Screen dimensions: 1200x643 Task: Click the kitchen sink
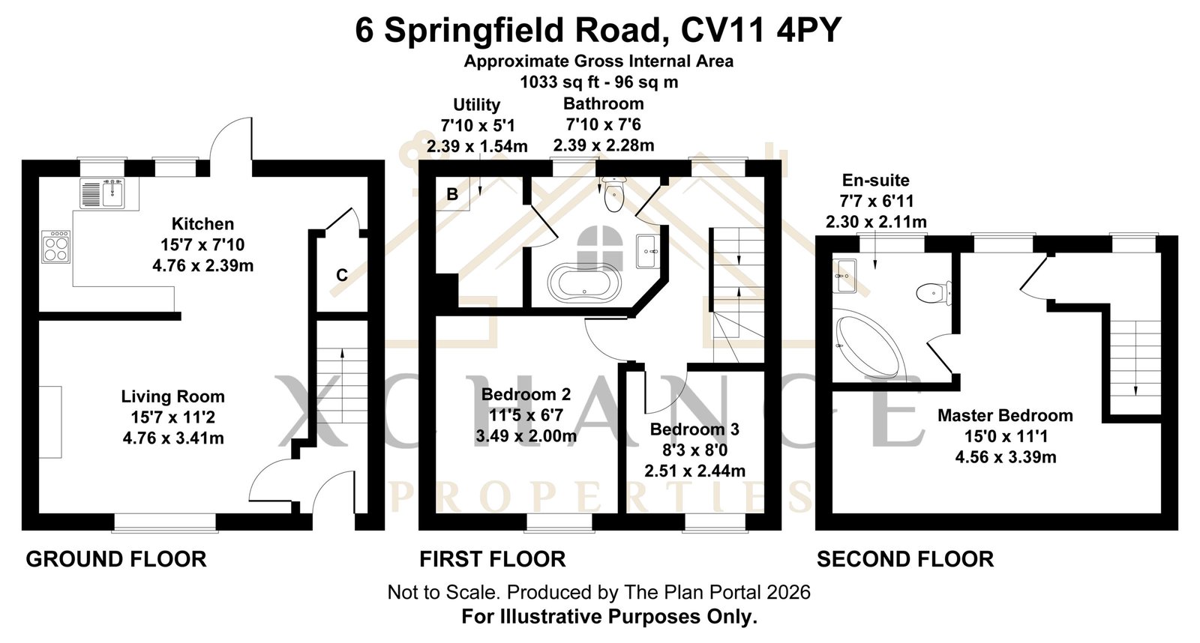102,193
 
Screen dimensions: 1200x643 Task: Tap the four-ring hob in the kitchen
55,247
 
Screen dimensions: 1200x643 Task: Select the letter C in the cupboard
342,275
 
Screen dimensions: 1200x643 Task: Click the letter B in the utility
452,194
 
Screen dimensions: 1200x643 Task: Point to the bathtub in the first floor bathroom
583,282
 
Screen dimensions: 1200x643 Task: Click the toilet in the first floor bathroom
613,194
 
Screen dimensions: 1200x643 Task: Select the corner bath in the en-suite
867,345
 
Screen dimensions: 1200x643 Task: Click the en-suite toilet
933,293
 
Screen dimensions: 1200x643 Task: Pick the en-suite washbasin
844,277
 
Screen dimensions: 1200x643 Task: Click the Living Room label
173,396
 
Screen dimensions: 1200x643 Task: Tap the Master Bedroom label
1006,415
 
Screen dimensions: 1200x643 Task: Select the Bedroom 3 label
694,429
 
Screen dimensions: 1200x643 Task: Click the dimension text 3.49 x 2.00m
526,436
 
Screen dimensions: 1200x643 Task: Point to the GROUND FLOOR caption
116,560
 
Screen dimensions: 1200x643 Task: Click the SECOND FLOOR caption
905,560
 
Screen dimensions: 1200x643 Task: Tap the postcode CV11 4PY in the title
760,30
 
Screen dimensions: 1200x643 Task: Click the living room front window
165,523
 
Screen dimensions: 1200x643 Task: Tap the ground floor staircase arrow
342,385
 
